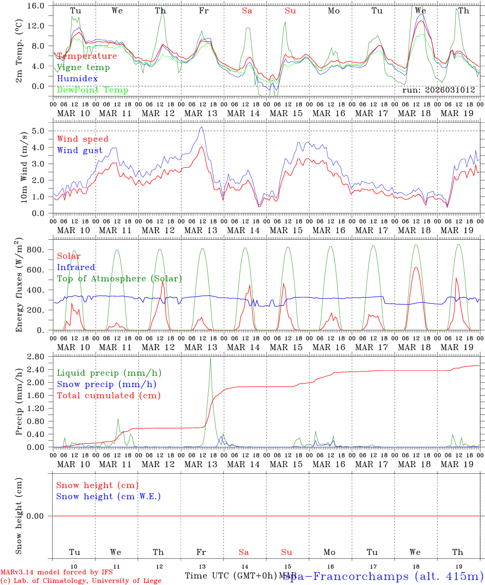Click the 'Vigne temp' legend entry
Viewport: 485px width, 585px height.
click(x=83, y=67)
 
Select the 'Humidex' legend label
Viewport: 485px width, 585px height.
click(x=77, y=79)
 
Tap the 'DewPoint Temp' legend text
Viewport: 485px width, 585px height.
click(x=93, y=90)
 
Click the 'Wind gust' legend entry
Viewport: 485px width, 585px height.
click(x=80, y=150)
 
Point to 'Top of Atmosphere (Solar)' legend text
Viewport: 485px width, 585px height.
click(x=119, y=279)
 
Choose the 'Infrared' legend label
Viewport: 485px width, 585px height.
click(x=76, y=267)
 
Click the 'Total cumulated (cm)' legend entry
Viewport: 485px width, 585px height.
click(x=109, y=396)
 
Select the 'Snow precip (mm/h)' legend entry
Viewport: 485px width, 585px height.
click(x=106, y=384)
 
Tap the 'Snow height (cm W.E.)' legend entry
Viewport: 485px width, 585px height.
click(x=108, y=496)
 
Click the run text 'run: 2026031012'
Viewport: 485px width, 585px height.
click(x=439, y=90)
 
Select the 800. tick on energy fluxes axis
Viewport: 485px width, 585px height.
click(x=40, y=250)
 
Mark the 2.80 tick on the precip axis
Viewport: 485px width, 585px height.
click(x=39, y=357)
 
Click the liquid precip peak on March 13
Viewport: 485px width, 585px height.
click(x=210, y=358)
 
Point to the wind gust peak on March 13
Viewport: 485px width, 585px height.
click(x=201, y=127)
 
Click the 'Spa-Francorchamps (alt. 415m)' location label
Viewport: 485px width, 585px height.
click(x=383, y=576)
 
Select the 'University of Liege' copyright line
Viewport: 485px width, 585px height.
click(x=81, y=581)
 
